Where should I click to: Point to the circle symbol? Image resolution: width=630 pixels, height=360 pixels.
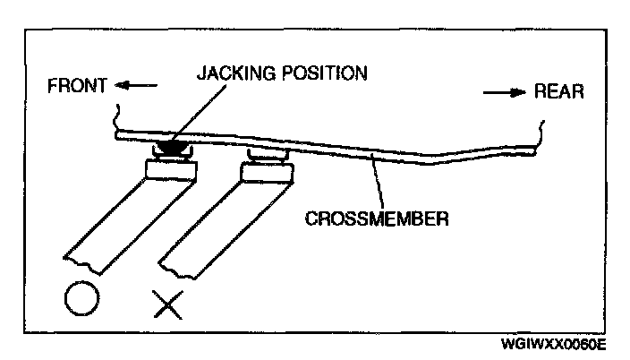(81, 298)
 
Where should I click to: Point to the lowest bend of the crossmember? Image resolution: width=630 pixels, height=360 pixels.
(430, 163)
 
